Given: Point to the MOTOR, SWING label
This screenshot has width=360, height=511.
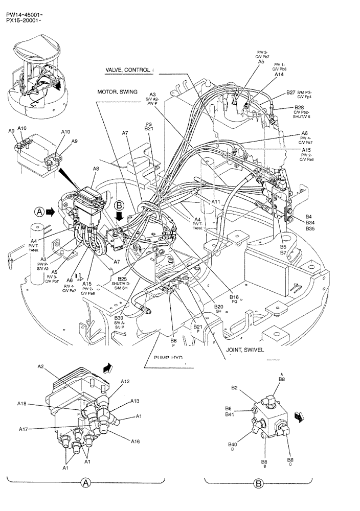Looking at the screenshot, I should point(117,92).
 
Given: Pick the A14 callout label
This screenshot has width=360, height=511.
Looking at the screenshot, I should point(279,75).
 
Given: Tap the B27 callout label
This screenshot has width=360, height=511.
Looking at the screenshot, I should point(290,93).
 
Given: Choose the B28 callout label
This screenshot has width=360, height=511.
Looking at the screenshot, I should point(299,108).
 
